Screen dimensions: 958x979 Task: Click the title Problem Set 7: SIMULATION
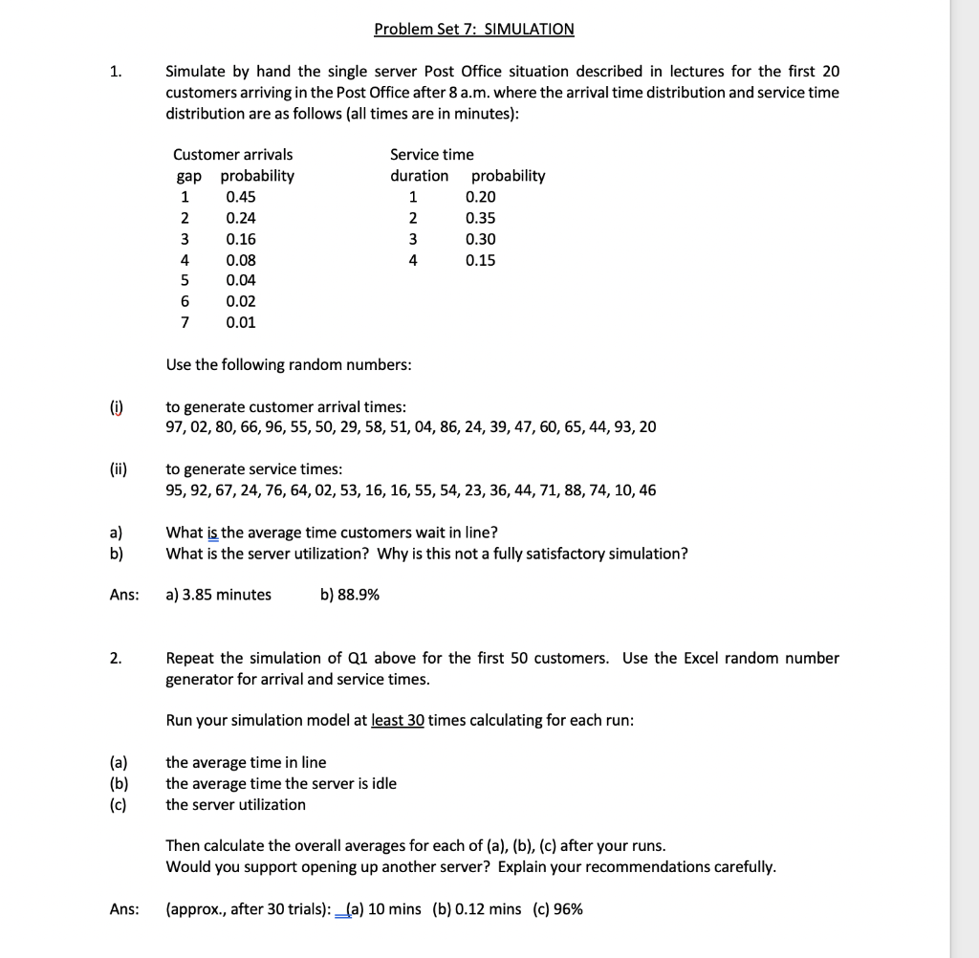(474, 29)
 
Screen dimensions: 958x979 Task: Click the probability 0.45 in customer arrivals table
(241, 197)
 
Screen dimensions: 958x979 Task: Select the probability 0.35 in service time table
(481, 218)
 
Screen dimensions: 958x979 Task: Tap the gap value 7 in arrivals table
(184, 322)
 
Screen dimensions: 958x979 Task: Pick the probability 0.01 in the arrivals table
(241, 322)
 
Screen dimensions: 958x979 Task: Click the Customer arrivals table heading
(233, 154)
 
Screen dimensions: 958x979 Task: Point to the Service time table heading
(432, 154)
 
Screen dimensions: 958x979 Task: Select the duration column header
(419, 176)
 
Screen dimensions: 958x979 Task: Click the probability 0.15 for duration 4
(481, 260)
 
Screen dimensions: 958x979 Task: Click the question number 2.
(115, 658)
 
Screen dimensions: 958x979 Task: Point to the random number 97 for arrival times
(175, 426)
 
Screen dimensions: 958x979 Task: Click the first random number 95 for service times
(175, 490)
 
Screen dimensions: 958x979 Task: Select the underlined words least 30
(398, 720)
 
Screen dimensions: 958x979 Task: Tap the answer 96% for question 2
(568, 908)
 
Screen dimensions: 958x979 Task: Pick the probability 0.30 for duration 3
(481, 239)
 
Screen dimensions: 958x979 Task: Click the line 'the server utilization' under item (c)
(236, 804)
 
